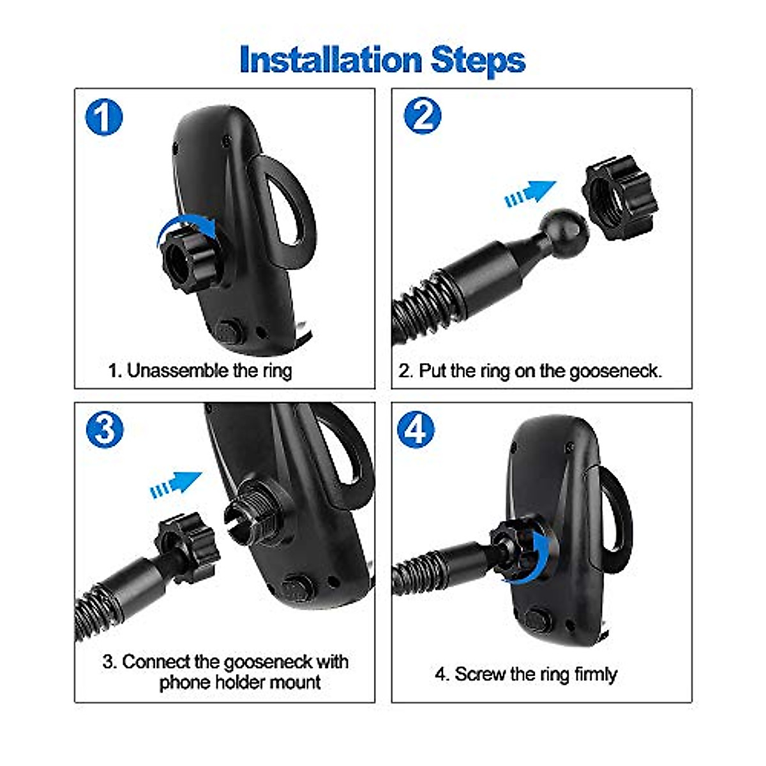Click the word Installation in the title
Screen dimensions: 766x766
(331, 60)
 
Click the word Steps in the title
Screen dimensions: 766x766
(478, 60)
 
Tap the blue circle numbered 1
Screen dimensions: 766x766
(103, 117)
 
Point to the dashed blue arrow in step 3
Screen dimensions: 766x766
(176, 483)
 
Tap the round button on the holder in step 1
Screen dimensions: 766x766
(227, 331)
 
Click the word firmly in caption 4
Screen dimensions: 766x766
(594, 674)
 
